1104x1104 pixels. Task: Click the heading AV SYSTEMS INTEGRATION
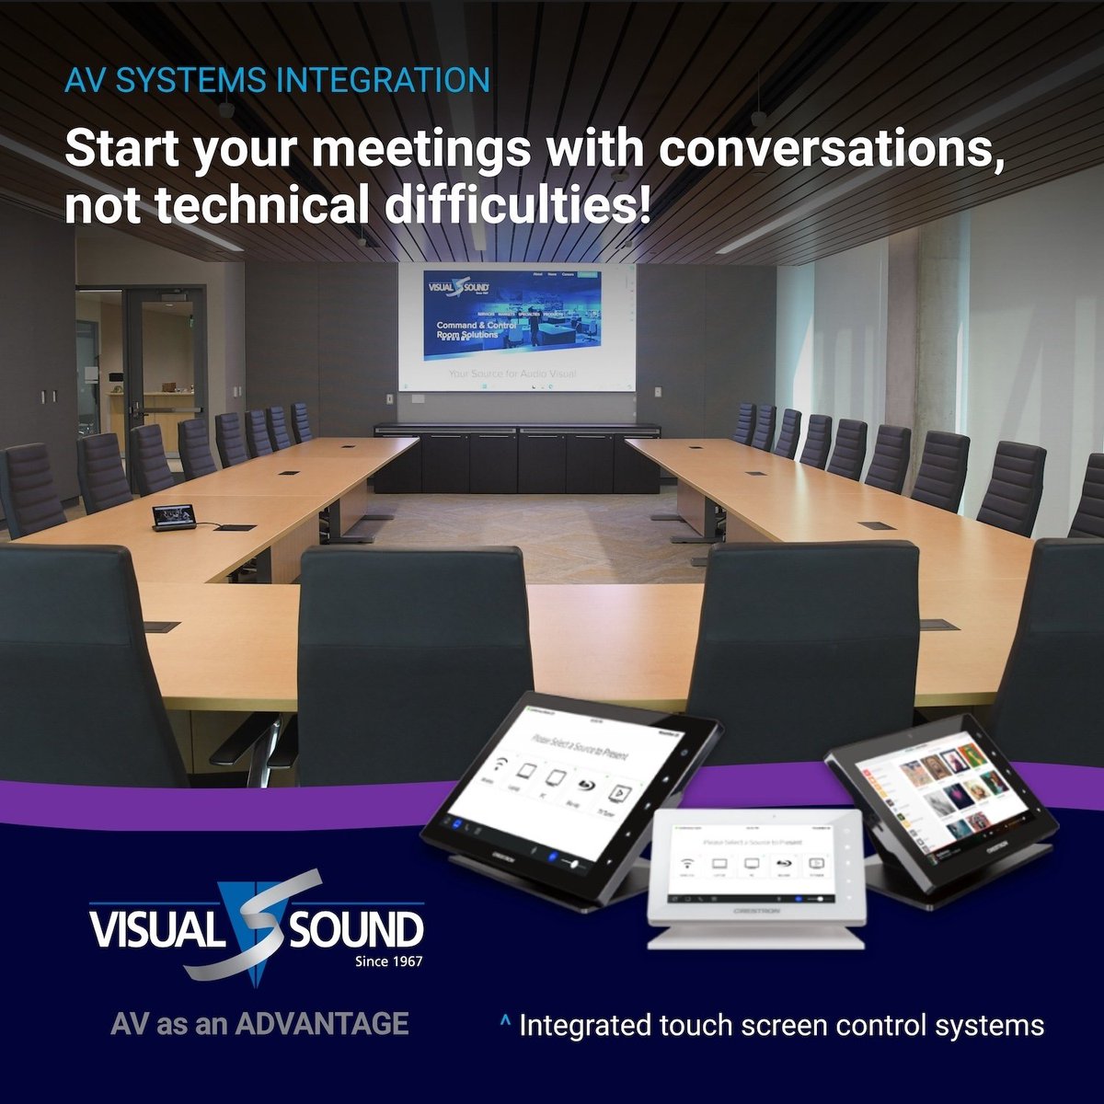[277, 80]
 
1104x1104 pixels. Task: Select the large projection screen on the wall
[516, 327]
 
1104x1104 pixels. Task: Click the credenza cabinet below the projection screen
[517, 457]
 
